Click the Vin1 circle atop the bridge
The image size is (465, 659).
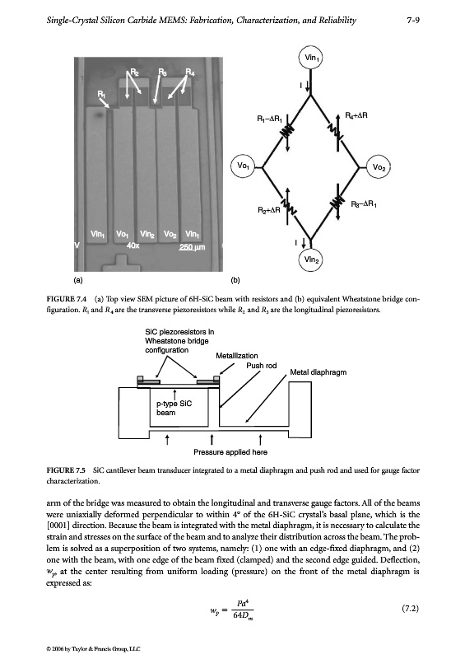tap(311, 58)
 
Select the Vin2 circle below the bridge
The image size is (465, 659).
tap(311, 259)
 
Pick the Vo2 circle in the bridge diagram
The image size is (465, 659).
tap(379, 167)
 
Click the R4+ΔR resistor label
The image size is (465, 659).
tap(356, 115)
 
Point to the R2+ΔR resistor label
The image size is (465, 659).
tap(269, 209)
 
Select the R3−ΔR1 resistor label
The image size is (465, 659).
tap(364, 204)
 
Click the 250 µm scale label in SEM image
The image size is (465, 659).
tap(192, 247)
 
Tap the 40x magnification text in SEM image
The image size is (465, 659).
tap(133, 245)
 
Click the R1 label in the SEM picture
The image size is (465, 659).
tap(101, 94)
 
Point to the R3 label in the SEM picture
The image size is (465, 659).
tap(162, 72)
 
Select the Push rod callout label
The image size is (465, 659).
tap(261, 366)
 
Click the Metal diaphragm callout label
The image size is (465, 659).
tap(318, 372)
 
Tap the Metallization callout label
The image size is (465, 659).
tap(237, 356)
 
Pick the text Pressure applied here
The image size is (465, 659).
tap(230, 452)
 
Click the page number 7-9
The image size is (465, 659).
tap(413, 20)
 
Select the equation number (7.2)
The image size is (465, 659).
tap(411, 609)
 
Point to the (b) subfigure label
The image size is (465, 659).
tap(235, 280)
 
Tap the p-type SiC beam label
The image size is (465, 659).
tap(174, 408)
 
